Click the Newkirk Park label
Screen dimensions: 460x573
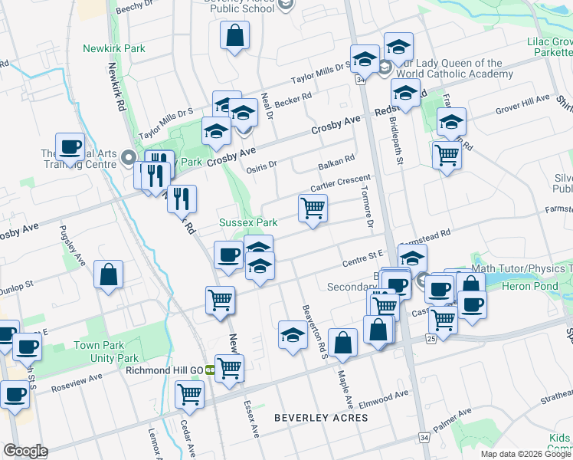coord(113,48)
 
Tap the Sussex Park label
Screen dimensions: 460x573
coord(248,222)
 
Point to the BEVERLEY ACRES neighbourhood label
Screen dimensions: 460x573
coord(321,418)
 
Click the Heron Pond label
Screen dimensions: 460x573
coord(529,285)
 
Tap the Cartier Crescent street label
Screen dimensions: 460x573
coord(340,183)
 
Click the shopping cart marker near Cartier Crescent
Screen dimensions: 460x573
coord(313,207)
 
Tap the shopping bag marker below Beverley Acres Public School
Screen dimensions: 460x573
coord(234,35)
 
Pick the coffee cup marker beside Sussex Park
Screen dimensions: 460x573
coord(228,254)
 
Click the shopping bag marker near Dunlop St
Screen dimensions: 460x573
coord(108,274)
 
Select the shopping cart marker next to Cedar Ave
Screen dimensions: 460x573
coord(189,395)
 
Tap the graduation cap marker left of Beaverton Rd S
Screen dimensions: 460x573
coord(292,334)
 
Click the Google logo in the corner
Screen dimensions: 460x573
coord(25,451)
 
